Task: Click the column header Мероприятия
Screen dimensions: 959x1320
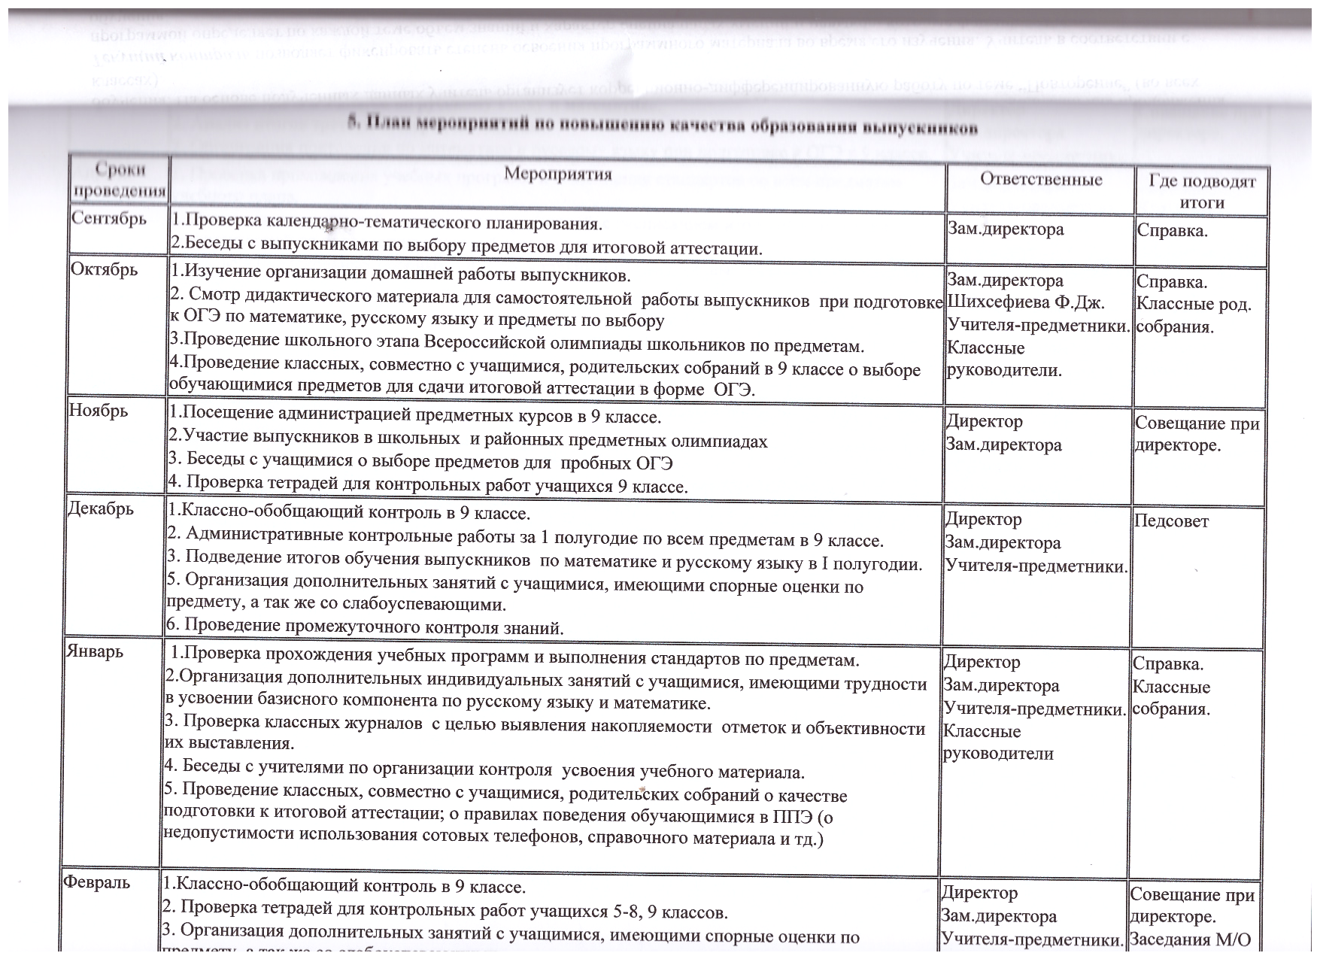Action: [x=557, y=175]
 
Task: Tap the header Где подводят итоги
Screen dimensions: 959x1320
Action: [x=1202, y=192]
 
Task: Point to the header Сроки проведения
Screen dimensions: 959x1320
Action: [x=120, y=180]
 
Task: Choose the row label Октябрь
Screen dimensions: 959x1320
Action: [x=104, y=269]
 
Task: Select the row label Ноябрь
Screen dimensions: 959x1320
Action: [x=99, y=411]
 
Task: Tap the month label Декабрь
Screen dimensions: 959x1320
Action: [x=101, y=508]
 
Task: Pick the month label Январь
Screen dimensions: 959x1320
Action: [x=95, y=651]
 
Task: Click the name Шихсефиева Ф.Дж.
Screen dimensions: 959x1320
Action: [x=1025, y=303]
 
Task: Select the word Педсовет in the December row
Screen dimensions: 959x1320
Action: [x=1171, y=521]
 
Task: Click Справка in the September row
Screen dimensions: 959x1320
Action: [x=1172, y=231]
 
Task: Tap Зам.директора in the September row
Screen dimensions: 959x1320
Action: [x=1006, y=229]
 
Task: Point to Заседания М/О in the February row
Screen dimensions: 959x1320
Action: [x=1190, y=939]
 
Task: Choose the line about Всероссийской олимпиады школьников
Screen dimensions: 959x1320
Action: [x=516, y=346]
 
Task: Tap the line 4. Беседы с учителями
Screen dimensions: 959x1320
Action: [x=484, y=771]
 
